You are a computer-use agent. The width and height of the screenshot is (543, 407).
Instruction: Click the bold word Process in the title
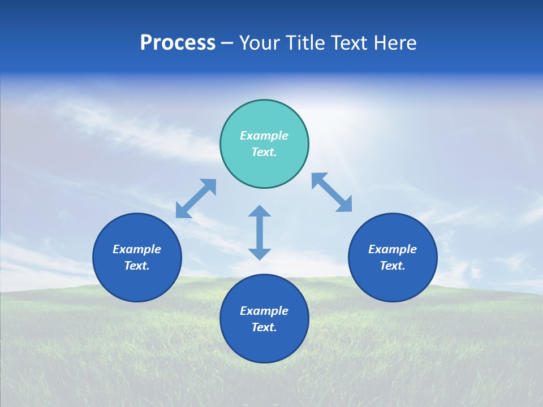(x=178, y=43)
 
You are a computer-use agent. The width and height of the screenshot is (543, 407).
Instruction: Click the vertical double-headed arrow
(x=260, y=232)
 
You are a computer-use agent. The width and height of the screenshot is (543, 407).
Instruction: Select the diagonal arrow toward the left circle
(x=196, y=198)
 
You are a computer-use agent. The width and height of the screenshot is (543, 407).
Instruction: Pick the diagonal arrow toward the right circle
(x=332, y=192)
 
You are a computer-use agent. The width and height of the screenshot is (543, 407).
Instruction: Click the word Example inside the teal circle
(x=264, y=136)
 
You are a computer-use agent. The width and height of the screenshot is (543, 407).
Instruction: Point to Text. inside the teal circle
(x=264, y=152)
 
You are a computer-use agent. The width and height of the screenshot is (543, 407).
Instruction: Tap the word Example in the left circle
(x=137, y=249)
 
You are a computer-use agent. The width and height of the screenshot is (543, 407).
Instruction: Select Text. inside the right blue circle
(x=393, y=266)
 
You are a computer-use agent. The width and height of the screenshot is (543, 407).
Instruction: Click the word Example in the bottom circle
(x=264, y=311)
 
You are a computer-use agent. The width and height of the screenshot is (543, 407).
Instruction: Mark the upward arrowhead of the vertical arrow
(x=260, y=211)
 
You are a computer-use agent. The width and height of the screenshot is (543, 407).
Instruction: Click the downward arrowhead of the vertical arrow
(x=260, y=254)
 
